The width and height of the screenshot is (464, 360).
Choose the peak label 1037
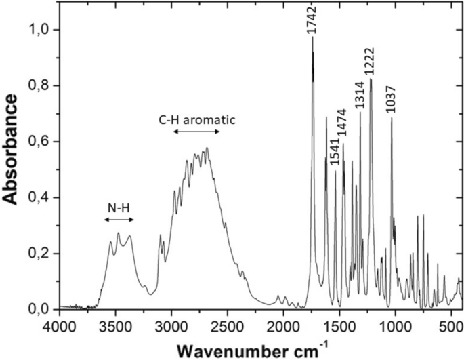coord(391,100)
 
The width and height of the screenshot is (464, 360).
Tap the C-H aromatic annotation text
coord(196,120)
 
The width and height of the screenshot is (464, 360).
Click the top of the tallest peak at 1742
coord(312,37)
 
